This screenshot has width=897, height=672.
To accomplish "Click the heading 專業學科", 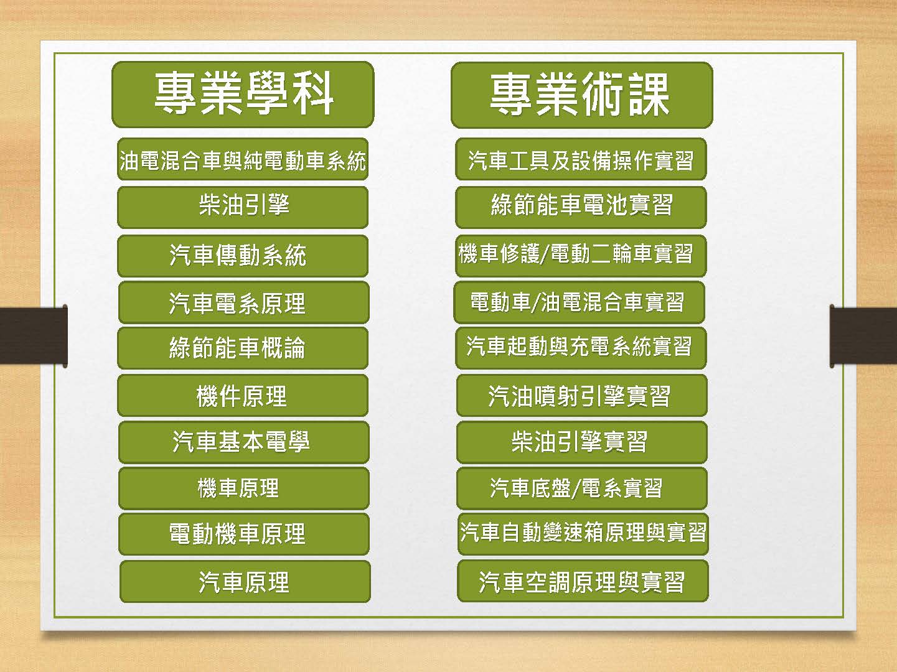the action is (243, 95).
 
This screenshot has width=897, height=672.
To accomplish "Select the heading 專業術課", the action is (582, 95).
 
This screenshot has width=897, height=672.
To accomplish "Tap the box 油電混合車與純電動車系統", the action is (243, 159).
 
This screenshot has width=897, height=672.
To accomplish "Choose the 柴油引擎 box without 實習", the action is (243, 207).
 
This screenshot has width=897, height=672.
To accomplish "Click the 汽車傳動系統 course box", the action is (243, 256).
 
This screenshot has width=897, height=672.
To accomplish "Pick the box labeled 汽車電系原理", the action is (243, 302).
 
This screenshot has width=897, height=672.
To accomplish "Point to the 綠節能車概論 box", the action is (243, 348).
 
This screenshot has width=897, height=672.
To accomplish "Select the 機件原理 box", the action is (243, 396).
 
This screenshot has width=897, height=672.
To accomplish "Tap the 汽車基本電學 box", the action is (243, 442).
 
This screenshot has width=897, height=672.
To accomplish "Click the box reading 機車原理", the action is (243, 488).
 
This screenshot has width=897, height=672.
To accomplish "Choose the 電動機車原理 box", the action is (243, 534).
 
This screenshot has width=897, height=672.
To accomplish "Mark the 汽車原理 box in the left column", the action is (245, 582).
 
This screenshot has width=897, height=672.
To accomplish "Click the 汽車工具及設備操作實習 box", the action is (581, 159).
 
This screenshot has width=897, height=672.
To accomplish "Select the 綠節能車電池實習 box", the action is (581, 207).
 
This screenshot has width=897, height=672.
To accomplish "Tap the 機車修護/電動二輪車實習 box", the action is (581, 256).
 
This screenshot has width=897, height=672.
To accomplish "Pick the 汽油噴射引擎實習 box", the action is (582, 396).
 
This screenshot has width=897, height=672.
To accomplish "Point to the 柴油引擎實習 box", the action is (582, 442).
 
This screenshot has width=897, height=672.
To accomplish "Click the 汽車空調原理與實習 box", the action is (583, 581).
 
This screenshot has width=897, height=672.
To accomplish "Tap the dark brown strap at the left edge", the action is (34, 336).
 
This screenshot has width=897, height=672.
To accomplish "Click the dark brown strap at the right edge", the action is (863, 336).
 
